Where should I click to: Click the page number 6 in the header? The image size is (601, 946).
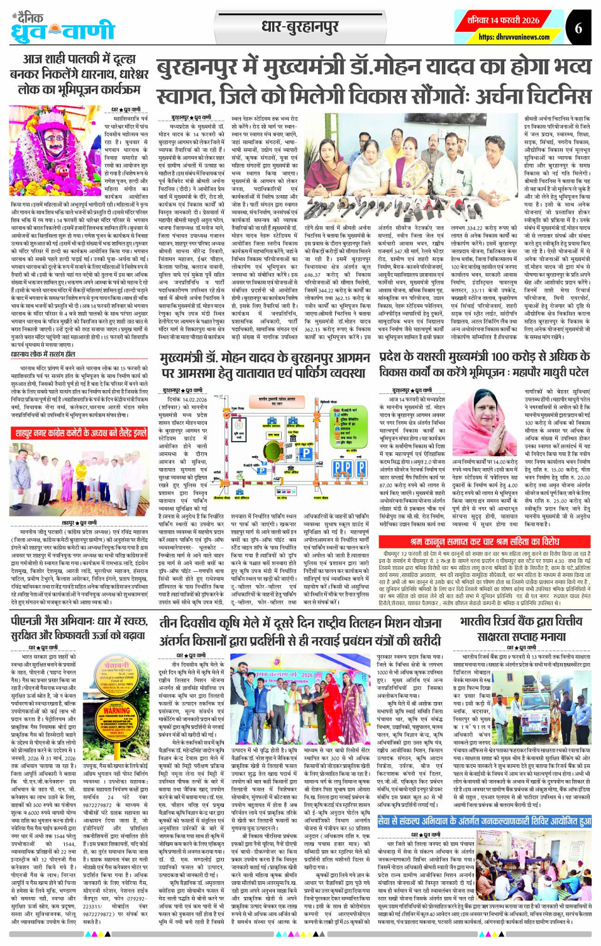point(578,29)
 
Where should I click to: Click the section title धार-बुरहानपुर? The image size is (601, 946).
point(300,27)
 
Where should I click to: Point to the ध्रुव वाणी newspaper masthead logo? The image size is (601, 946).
point(62,29)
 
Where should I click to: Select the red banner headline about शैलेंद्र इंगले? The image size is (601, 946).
point(80,433)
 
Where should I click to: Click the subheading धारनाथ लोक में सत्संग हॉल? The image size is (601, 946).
point(43,354)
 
